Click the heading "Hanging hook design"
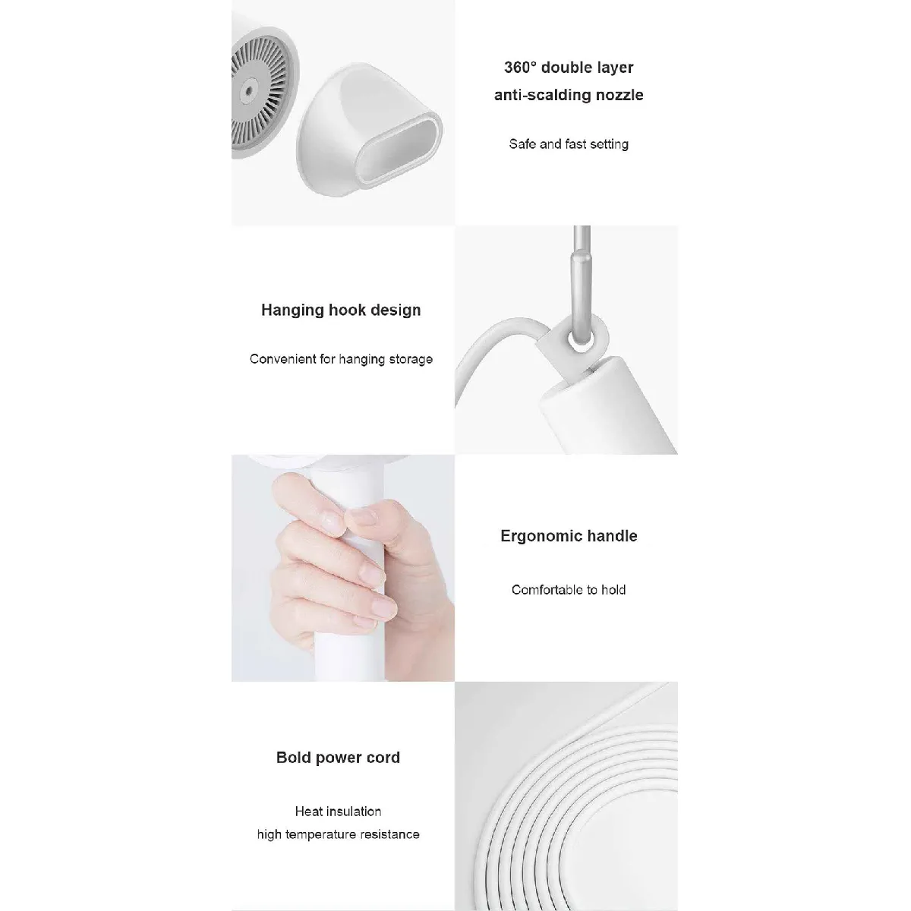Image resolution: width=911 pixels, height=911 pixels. pos(341,310)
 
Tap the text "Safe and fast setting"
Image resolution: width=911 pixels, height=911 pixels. pos(569,144)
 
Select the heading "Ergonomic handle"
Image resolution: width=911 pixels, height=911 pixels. pos(569,536)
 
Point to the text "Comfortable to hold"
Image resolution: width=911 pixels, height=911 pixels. pos(569,590)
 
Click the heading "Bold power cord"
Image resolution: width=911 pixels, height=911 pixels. pos(338,757)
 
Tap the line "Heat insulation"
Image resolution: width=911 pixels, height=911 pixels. pos(338,812)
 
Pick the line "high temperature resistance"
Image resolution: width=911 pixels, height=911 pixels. pos(338,834)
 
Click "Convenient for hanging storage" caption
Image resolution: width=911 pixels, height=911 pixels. pos(341,359)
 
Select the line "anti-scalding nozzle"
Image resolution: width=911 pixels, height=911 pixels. pos(569,95)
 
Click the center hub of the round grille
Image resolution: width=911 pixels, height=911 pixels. pos(246,90)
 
